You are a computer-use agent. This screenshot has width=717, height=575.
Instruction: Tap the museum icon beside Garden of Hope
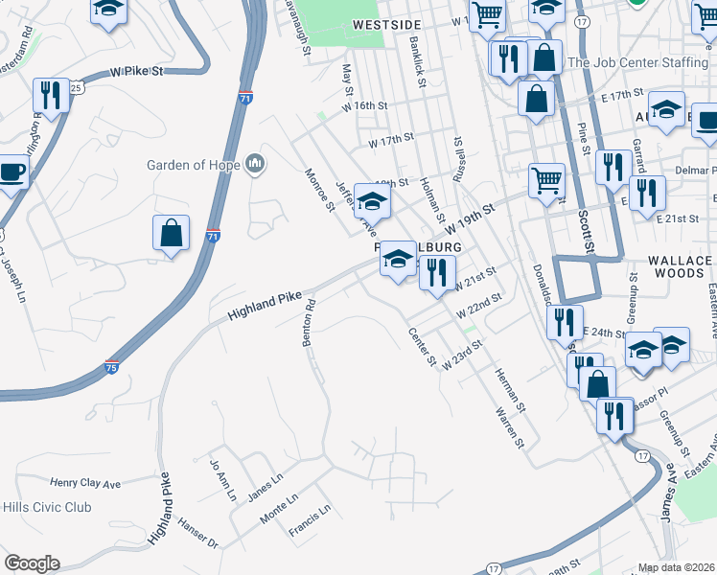pyautogui.click(x=256, y=165)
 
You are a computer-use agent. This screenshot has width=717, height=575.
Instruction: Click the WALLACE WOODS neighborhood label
pyautogui.click(x=680, y=266)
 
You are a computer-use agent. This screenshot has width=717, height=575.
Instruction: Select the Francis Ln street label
pyautogui.click(x=311, y=521)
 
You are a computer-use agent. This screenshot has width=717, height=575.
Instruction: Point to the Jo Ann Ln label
pyautogui.click(x=221, y=480)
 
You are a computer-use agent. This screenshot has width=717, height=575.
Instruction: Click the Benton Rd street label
pyautogui.click(x=311, y=326)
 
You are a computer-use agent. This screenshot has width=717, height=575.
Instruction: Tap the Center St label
pyautogui.click(x=422, y=348)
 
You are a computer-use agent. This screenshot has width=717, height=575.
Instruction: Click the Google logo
pyautogui.click(x=32, y=563)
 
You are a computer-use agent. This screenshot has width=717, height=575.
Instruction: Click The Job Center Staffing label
pyautogui.click(x=637, y=62)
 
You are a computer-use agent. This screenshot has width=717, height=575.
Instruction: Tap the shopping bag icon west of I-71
pyautogui.click(x=171, y=234)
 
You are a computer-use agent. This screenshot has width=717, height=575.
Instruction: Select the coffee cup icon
pyautogui.click(x=12, y=172)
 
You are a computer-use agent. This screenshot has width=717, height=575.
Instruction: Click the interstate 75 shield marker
pyautogui.click(x=112, y=365)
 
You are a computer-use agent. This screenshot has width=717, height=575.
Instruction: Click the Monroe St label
pyautogui.click(x=318, y=190)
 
